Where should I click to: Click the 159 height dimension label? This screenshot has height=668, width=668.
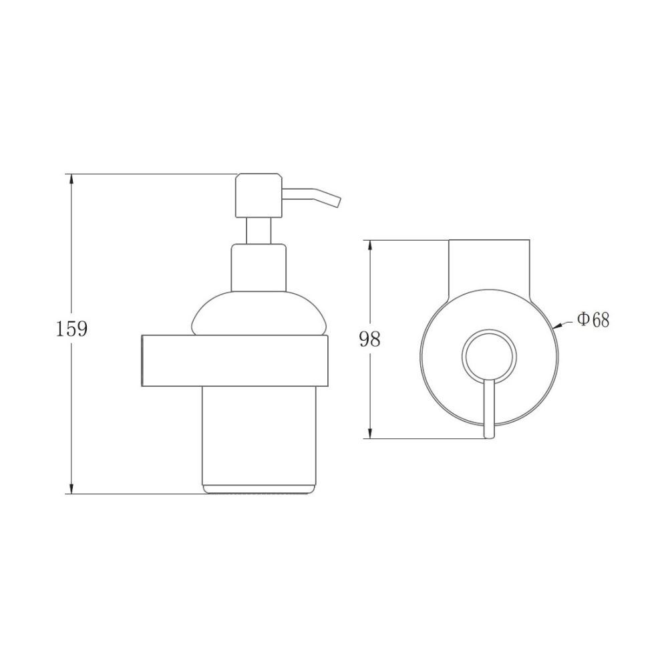point(71,329)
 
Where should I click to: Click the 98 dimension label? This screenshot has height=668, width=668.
point(369,339)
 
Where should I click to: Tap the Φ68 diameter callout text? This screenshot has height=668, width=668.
point(593,319)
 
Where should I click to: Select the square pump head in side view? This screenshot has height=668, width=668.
point(259,196)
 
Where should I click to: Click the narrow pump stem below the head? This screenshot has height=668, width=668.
point(259,230)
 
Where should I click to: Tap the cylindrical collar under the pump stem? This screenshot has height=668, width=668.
point(259,268)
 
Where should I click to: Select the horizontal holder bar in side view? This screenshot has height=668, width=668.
point(234,361)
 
